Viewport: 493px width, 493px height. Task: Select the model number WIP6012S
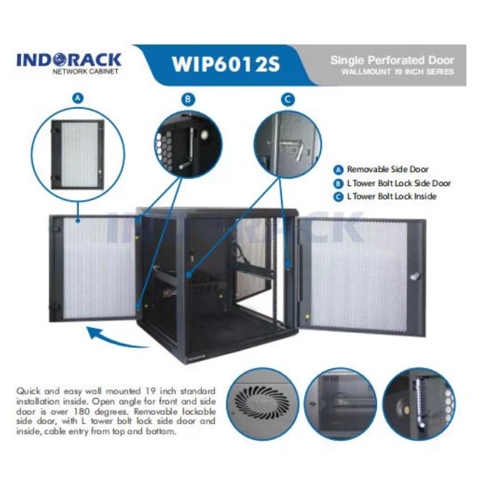tap(225, 64)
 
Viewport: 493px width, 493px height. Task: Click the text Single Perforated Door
tap(392, 60)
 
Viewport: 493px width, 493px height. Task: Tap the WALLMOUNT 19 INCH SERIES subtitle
tap(397, 72)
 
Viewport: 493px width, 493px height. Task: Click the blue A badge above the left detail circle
tap(78, 99)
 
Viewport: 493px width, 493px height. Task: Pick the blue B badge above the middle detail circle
tap(187, 99)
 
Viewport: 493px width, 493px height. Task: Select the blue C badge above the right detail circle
tap(287, 99)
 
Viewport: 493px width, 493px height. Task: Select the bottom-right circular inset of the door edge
tap(418, 403)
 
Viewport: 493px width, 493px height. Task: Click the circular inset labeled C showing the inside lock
tap(287, 143)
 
